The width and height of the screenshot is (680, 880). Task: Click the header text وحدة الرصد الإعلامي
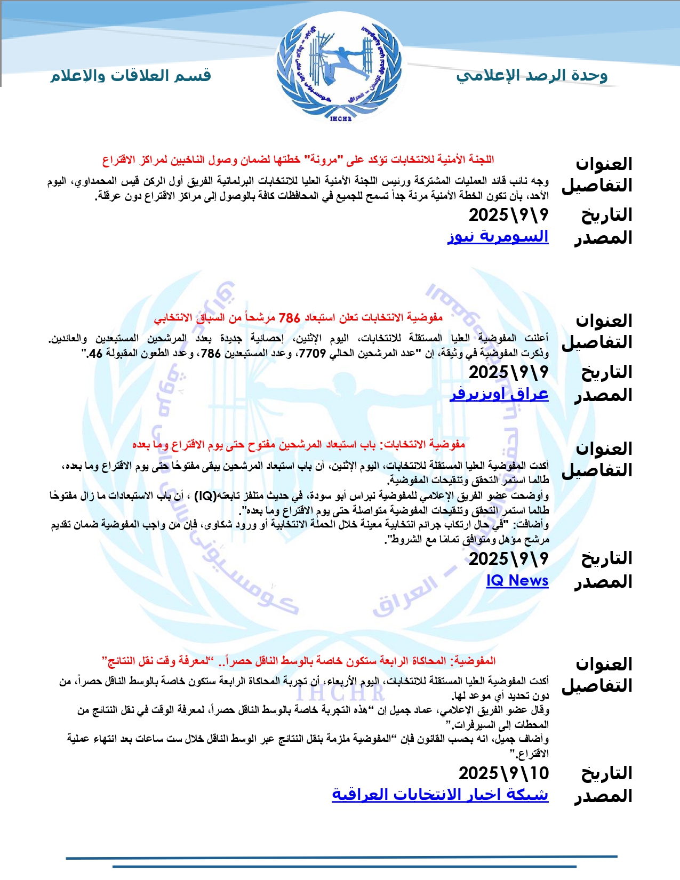(532, 76)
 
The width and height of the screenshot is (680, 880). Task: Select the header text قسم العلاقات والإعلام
(131, 76)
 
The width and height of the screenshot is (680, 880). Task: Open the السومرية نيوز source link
(498, 236)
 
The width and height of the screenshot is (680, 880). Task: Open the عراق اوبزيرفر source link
(499, 394)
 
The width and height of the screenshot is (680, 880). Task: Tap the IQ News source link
(517, 580)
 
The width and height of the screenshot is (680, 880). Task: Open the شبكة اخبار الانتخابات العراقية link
(440, 794)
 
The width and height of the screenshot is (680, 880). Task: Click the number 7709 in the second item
(313, 353)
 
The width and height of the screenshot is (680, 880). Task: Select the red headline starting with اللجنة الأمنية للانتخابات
(298, 159)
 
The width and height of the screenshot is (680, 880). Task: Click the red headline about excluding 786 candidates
(298, 318)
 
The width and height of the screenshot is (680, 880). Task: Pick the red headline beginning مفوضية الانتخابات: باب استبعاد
(299, 444)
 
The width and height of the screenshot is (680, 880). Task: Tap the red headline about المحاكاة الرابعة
(299, 661)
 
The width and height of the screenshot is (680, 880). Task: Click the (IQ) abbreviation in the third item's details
(205, 496)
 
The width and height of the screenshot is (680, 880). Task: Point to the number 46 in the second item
(95, 353)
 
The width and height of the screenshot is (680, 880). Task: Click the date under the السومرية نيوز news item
(508, 215)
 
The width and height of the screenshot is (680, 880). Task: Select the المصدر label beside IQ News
(603, 582)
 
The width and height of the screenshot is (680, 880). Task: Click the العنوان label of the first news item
(604, 164)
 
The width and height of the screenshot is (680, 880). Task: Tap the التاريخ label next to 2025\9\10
(606, 773)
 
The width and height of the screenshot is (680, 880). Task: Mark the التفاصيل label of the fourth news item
(597, 685)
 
